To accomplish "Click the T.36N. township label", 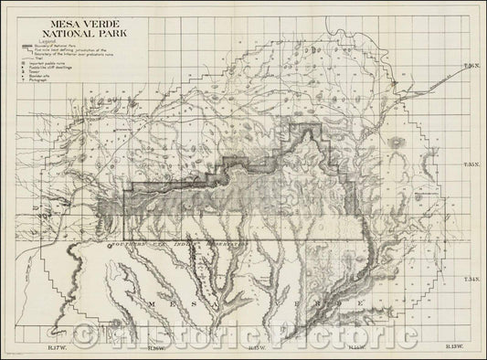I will pyautogui.click(x=471, y=68).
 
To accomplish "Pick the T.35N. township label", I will pyautogui.click(x=471, y=166).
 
